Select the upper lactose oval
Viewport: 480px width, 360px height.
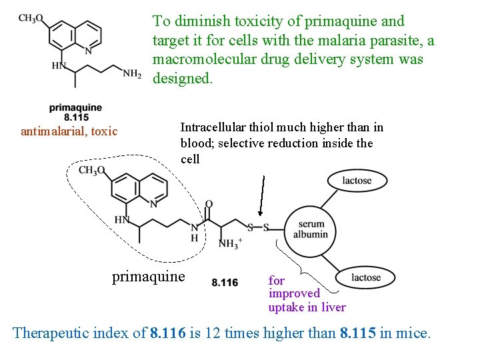click(357, 181)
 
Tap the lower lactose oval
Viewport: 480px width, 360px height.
click(366, 277)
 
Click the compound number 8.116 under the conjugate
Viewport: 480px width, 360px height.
click(225, 283)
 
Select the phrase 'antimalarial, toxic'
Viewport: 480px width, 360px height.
click(69, 131)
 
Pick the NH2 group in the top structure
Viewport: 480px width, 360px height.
click(131, 74)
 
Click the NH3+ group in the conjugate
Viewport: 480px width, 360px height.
click(229, 243)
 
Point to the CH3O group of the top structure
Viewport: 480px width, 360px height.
click(31, 18)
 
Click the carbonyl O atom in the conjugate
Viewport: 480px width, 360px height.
click(209, 204)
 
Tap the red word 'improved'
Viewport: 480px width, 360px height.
click(294, 293)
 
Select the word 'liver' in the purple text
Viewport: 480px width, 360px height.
click(333, 307)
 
